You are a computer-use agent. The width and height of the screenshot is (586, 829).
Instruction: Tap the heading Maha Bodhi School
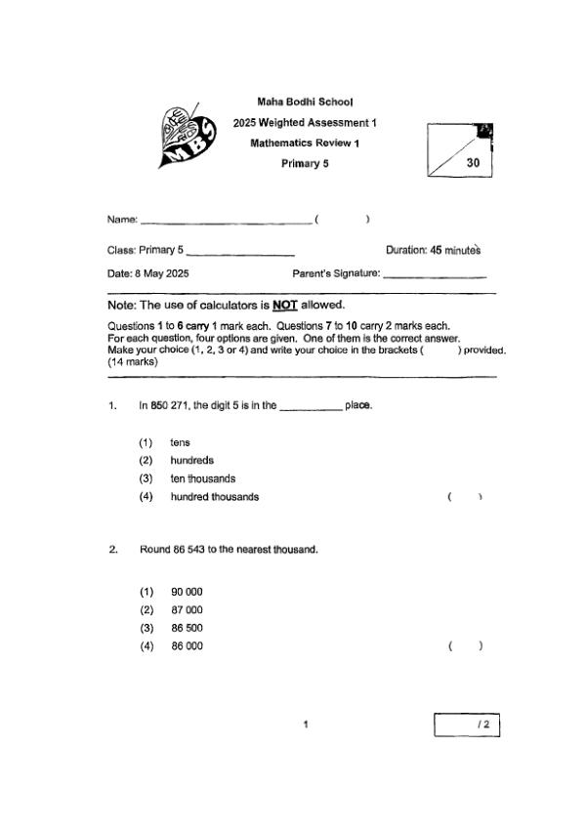[305, 102]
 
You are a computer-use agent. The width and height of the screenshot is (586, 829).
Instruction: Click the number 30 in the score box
[474, 163]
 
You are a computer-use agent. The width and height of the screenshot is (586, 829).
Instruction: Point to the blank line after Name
[226, 222]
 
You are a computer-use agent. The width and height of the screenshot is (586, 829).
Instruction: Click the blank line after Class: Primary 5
[239, 254]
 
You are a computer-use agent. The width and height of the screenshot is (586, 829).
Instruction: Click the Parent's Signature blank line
[435, 276]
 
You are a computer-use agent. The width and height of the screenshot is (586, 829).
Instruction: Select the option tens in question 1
[180, 442]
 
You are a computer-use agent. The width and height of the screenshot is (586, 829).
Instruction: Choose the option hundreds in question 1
[191, 460]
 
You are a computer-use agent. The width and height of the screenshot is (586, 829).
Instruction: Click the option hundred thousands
[214, 497]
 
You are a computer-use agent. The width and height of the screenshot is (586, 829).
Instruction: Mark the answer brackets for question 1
[465, 497]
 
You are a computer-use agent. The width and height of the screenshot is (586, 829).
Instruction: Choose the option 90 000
[187, 592]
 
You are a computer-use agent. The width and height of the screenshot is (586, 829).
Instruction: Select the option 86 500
[187, 628]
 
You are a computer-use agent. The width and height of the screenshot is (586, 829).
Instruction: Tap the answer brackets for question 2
[465, 645]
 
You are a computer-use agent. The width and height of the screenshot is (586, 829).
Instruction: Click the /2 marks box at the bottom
[467, 725]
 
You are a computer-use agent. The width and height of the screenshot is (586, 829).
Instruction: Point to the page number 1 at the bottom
[307, 725]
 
